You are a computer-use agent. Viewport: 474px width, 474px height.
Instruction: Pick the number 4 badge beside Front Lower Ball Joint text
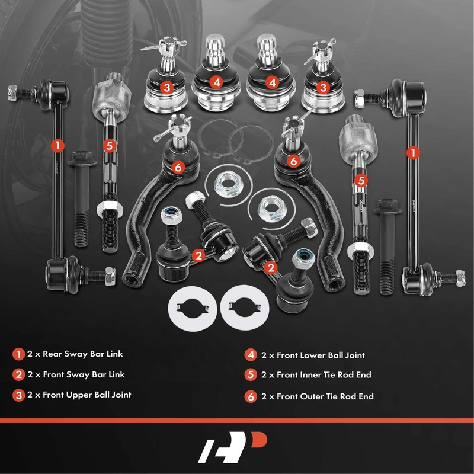(251, 355)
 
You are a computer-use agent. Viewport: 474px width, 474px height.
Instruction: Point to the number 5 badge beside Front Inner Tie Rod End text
(251, 375)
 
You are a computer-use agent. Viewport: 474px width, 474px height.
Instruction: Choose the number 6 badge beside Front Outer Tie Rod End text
(251, 396)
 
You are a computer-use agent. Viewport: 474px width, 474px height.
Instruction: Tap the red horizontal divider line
(237, 421)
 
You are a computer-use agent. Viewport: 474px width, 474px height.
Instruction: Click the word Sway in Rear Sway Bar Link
(79, 354)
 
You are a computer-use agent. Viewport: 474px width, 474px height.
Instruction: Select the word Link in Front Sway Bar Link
(116, 374)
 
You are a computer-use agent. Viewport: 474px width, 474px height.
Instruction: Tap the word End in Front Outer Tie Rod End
(366, 396)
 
